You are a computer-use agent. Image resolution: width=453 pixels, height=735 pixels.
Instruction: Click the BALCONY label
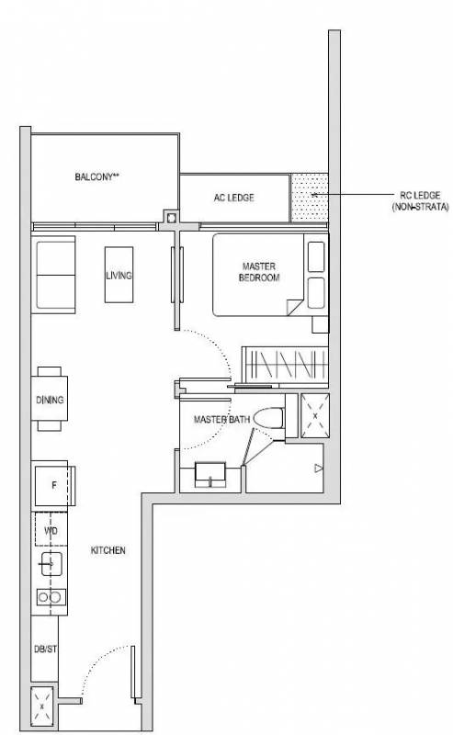click(96, 176)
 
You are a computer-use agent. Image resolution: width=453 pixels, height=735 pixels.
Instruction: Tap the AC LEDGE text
click(233, 198)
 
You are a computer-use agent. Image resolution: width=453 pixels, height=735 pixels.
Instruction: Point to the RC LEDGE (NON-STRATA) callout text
click(420, 200)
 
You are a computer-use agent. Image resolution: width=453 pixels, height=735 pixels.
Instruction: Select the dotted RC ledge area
click(309, 198)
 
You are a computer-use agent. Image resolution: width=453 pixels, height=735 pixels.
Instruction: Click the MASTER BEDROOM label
click(259, 272)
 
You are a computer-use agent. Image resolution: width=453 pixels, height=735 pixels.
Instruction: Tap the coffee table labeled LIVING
click(119, 275)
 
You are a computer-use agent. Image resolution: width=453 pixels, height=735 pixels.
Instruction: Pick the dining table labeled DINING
click(50, 399)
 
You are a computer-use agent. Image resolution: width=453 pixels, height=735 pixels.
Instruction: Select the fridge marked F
click(52, 485)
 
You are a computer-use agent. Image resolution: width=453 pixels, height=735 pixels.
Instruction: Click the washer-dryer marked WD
click(51, 530)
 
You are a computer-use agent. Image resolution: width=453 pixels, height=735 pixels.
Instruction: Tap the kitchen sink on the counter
click(51, 563)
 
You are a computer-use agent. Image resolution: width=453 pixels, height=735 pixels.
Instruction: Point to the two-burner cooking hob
click(51, 597)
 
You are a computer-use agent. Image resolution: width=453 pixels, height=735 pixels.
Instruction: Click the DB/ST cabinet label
click(45, 650)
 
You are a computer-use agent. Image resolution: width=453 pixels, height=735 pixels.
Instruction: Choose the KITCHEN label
click(108, 550)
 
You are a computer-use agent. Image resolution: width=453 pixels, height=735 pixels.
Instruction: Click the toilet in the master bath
click(268, 418)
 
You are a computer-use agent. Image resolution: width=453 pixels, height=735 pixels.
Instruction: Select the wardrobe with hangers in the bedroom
click(285, 365)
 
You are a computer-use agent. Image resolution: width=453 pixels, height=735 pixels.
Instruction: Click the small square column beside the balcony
click(171, 217)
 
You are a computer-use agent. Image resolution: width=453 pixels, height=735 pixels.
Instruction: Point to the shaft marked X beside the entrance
click(42, 705)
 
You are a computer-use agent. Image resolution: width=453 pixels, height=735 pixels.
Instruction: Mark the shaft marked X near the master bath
click(314, 416)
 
